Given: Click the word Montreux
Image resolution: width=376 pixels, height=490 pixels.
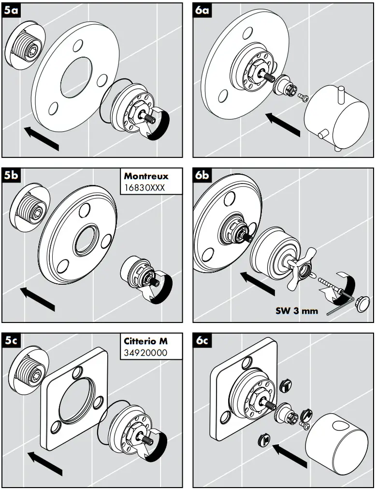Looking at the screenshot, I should click(146, 176).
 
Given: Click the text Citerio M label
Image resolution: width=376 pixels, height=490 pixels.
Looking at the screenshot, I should click(145, 341).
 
